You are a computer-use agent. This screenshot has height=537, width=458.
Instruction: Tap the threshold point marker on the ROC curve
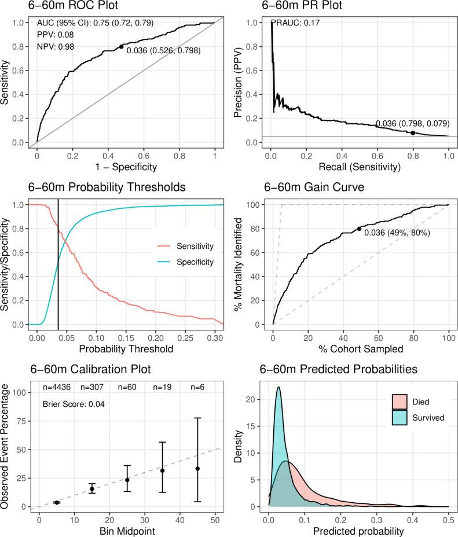click(x=121, y=46)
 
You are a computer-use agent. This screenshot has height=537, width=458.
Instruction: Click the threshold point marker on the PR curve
click(x=413, y=133)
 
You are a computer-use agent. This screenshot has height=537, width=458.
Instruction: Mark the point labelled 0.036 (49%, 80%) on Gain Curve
click(x=359, y=229)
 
